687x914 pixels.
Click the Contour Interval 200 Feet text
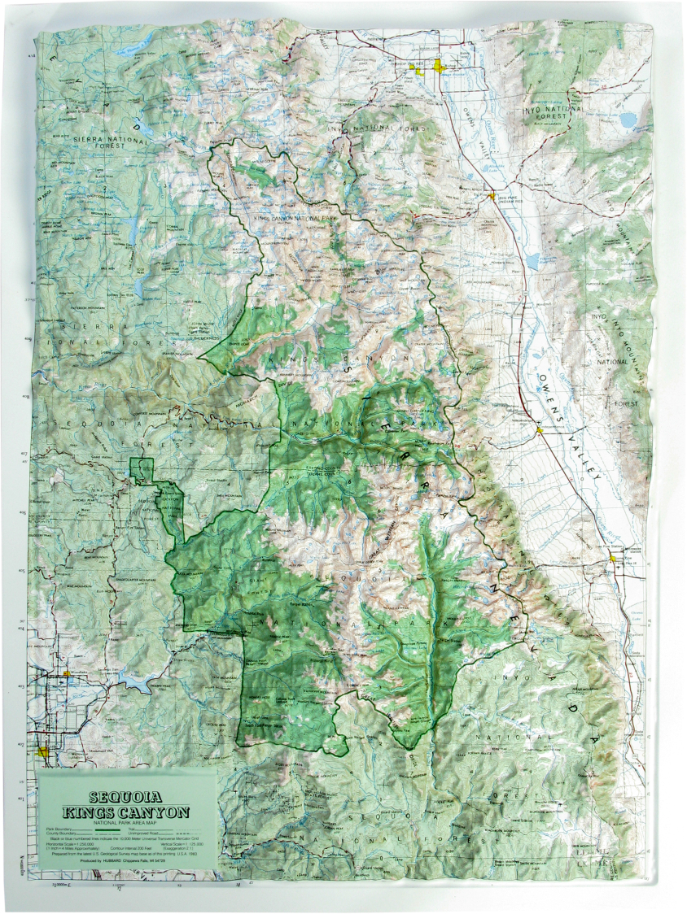(x=129, y=847)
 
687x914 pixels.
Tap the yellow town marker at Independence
(x=539, y=429)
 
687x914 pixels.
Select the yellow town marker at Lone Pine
(x=614, y=559)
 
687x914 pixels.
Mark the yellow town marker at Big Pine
(x=489, y=195)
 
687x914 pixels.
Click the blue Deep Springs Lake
(x=628, y=120)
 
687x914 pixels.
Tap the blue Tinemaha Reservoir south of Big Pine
(x=532, y=261)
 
